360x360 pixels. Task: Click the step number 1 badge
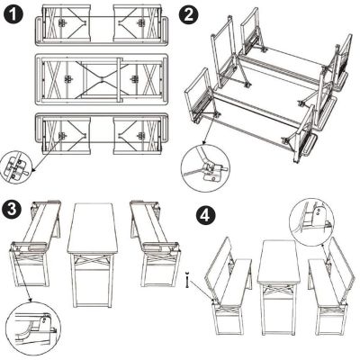pyautogui.click(x=14, y=14)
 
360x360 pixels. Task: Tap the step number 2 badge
pyautogui.click(x=188, y=14)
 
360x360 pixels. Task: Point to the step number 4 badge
pyautogui.click(x=206, y=217)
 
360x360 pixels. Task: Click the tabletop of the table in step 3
pyautogui.click(x=94, y=229)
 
